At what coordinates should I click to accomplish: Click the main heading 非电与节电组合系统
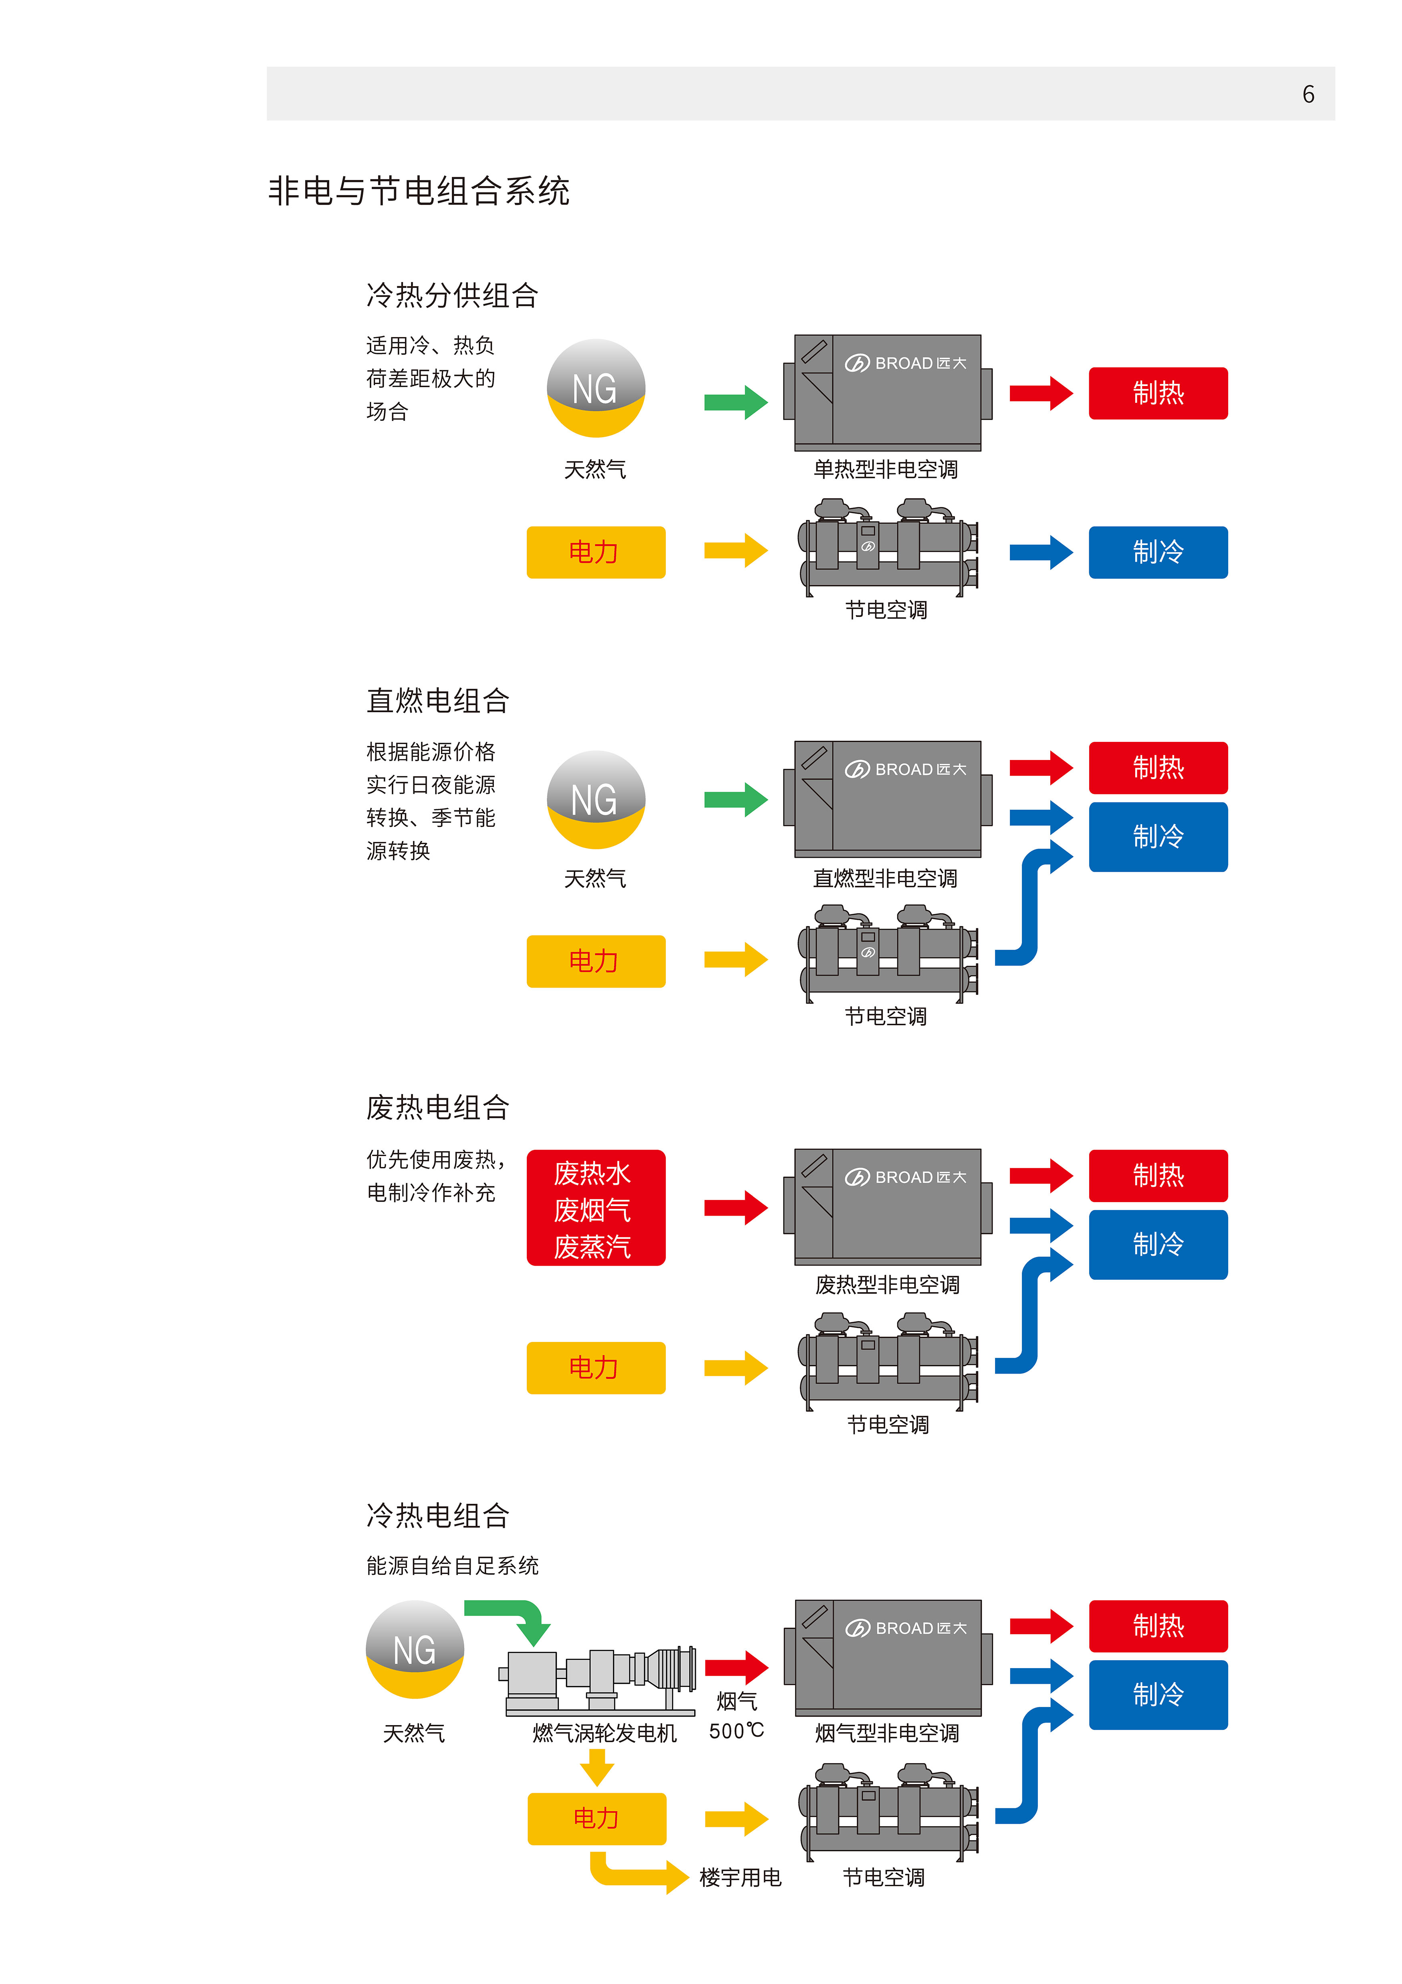[x=419, y=191]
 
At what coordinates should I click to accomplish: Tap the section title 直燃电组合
[x=438, y=701]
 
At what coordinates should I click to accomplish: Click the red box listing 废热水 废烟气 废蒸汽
[x=596, y=1208]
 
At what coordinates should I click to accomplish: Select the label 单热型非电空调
[x=885, y=469]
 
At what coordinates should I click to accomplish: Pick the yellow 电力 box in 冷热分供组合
[x=596, y=552]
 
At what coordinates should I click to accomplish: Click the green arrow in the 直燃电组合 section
[x=736, y=799]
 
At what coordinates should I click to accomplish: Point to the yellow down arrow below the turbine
[x=597, y=1767]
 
